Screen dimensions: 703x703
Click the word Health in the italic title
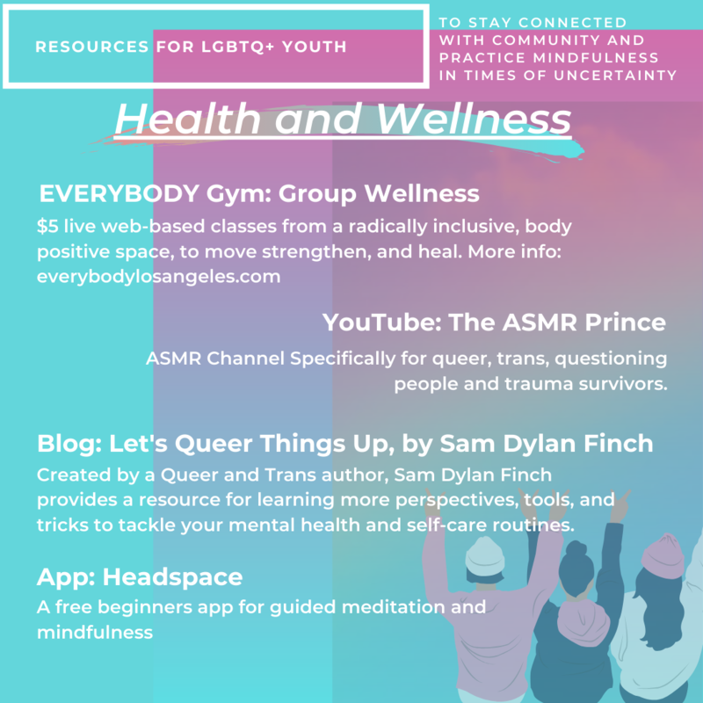coord(187,119)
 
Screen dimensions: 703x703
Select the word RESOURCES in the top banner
coord(92,47)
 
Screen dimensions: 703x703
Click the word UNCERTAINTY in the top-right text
coord(615,76)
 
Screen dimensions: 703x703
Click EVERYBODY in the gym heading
coord(120,194)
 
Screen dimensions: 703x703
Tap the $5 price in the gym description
coord(47,226)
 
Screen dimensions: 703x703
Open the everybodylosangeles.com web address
coord(159,277)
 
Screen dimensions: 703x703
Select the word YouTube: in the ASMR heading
coord(382,323)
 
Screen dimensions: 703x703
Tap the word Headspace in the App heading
coord(172,577)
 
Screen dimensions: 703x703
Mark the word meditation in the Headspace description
coord(394,607)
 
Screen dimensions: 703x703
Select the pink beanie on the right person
coord(663,555)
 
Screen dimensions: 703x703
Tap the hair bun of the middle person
coord(576,548)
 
